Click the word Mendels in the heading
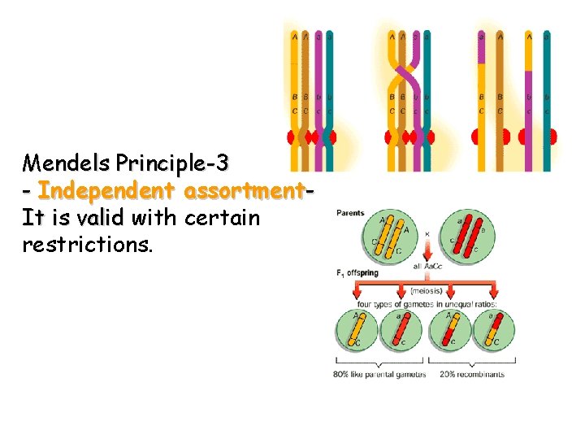(x=67, y=163)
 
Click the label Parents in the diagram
(x=350, y=214)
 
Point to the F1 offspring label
(x=357, y=273)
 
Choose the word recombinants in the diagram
(x=483, y=375)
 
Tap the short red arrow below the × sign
(x=426, y=247)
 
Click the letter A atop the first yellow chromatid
(x=294, y=36)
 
